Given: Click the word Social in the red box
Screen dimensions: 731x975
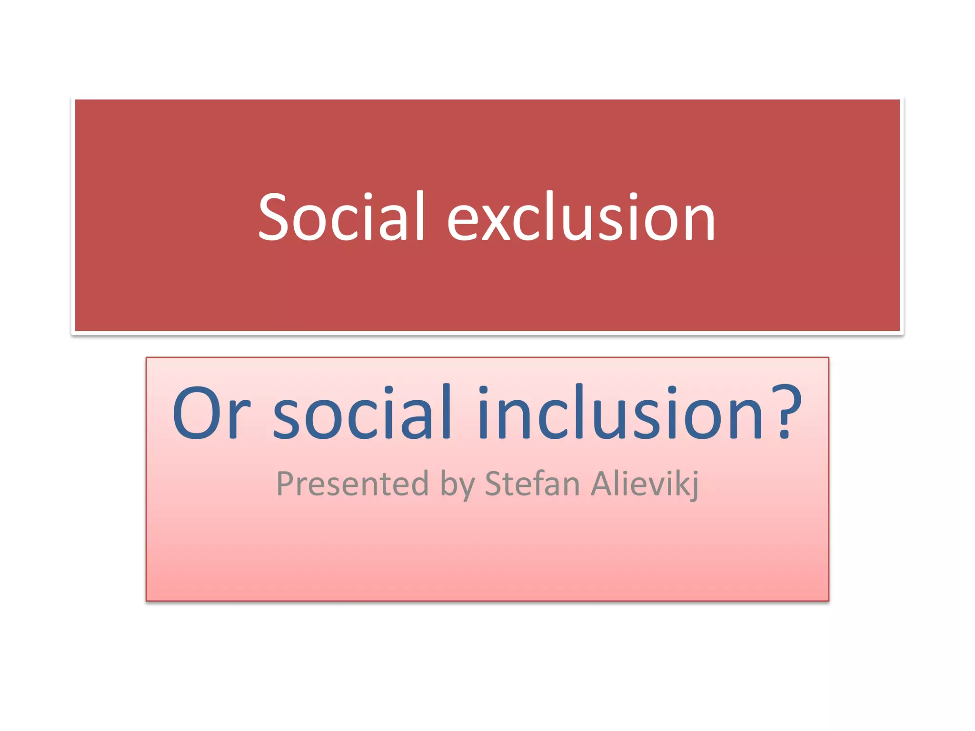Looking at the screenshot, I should pos(341,216).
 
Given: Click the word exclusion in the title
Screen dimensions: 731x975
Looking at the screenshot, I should pos(581,216).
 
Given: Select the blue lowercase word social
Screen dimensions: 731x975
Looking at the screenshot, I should pos(362,413).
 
